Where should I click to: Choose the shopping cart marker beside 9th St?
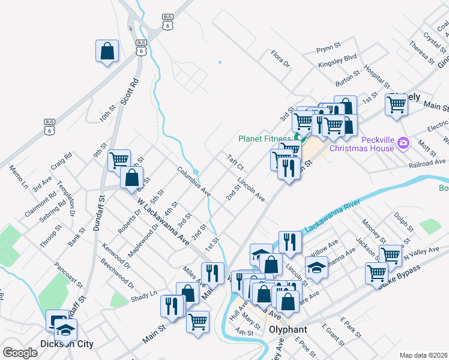coord(119,160)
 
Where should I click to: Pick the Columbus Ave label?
coord(193,182)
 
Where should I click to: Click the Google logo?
coord(20,353)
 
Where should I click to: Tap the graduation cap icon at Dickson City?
coord(65,329)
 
